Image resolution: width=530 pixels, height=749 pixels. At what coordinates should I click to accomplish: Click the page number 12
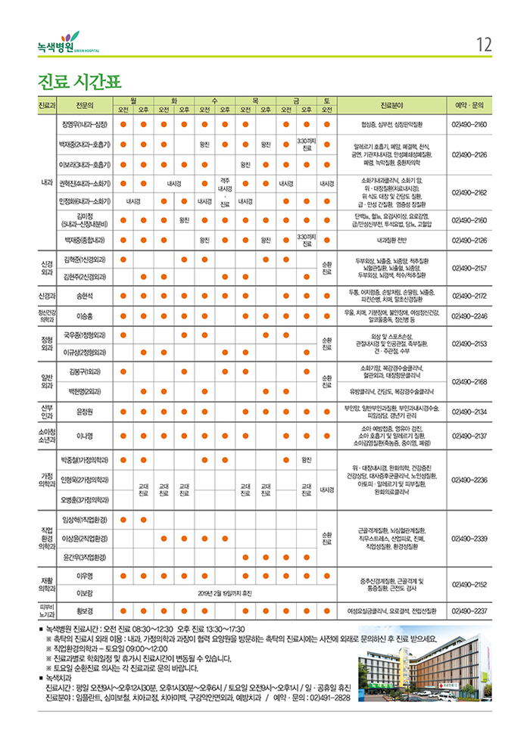coord(485,44)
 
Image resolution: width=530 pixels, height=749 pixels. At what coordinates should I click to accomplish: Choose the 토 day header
coord(326,100)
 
